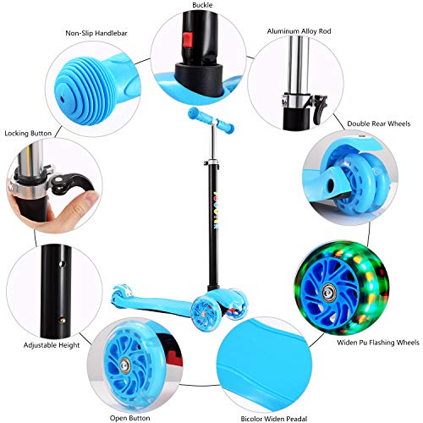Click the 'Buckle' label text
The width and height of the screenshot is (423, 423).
(202, 5)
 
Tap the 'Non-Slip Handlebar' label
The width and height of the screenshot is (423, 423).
(96, 33)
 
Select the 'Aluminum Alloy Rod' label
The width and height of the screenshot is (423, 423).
(299, 31)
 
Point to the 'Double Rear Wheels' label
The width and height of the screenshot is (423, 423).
(378, 124)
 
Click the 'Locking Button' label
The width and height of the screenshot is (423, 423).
(28, 133)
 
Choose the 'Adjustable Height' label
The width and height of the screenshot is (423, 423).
(52, 345)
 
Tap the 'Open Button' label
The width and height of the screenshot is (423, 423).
(129, 418)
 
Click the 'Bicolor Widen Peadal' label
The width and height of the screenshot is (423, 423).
(274, 419)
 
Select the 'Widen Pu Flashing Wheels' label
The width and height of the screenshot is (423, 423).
(378, 343)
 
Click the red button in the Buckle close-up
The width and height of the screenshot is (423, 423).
(188, 40)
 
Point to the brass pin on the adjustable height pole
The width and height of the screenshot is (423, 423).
(63, 321)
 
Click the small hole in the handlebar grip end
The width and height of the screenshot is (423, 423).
(63, 99)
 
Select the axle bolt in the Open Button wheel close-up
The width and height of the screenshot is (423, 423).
(125, 365)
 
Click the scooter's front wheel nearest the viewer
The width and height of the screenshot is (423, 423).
(204, 314)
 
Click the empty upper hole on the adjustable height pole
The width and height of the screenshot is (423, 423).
(62, 264)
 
